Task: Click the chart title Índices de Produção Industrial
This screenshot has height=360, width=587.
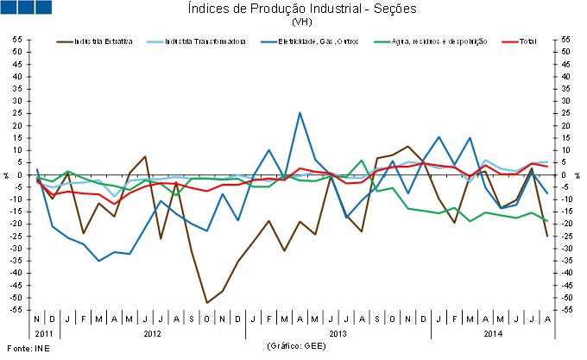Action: pos(301,9)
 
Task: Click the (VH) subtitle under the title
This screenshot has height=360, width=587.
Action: pos(301,21)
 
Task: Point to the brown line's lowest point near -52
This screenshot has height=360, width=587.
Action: pos(207,303)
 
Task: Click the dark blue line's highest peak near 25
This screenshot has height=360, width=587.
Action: pos(300,113)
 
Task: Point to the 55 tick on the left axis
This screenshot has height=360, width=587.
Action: pos(16,40)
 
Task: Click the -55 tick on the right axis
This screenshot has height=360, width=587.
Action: pos(566,309)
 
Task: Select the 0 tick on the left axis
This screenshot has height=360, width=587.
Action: pos(20,174)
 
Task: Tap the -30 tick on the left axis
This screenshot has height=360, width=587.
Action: pos(16,248)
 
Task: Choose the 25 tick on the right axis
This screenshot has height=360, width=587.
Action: pos(565,113)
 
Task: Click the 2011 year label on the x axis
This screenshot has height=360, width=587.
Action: pos(44,332)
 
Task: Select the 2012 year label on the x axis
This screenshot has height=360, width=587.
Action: pos(152,332)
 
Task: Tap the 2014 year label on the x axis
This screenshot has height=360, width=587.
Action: pos(494,332)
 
